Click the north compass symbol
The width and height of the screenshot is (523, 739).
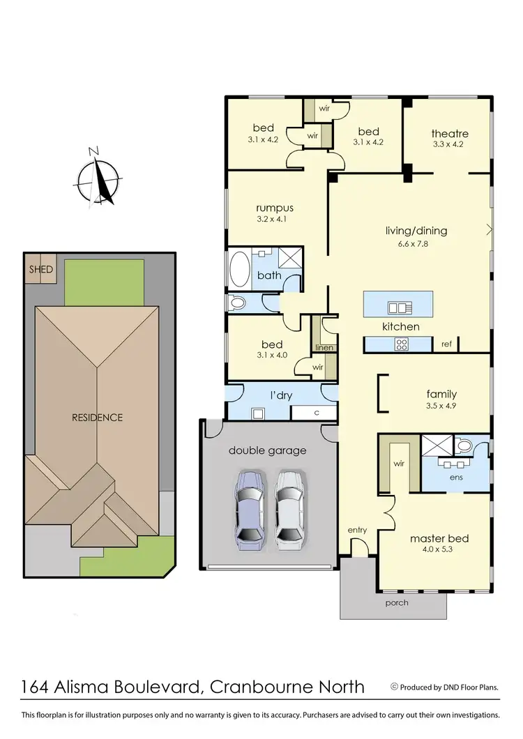coord(98,179)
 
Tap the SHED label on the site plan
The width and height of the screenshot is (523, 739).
coord(40,269)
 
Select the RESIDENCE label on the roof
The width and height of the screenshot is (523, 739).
coord(98,418)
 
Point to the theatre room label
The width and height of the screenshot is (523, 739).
coord(449,133)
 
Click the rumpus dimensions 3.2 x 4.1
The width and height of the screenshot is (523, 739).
coord(274,219)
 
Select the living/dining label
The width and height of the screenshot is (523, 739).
coord(416,231)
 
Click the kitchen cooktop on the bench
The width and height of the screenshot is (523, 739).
coord(402,343)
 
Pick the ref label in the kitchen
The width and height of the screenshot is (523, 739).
coord(446,344)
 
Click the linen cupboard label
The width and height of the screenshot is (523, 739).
coord(324,347)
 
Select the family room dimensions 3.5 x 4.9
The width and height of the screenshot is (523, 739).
coord(447,405)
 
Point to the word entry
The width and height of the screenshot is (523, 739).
coord(357,531)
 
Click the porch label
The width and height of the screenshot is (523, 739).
coord(396,602)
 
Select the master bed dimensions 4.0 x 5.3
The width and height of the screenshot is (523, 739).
coord(439,550)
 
